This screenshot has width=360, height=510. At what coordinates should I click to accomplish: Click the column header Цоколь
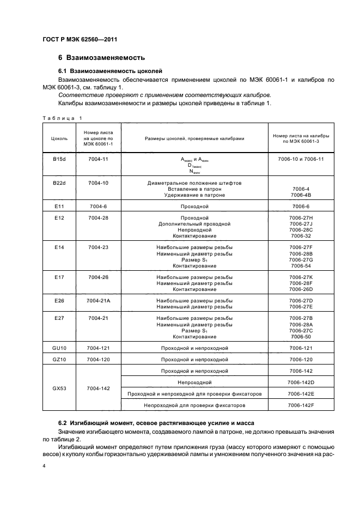pyautogui.click(x=59, y=138)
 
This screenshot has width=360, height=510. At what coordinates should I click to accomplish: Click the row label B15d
pyautogui.click(x=59, y=159)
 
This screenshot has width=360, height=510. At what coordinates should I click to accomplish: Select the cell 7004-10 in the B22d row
pyautogui.click(x=98, y=183)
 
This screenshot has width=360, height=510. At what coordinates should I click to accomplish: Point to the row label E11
pyautogui.click(x=59, y=207)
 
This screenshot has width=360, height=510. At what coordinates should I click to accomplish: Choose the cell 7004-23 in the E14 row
pyautogui.click(x=98, y=247)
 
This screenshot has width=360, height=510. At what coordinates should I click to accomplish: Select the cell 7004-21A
pyautogui.click(x=98, y=300)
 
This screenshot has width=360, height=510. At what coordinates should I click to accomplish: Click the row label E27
pyautogui.click(x=59, y=318)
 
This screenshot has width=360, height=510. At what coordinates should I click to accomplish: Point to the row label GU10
pyautogui.click(x=59, y=348)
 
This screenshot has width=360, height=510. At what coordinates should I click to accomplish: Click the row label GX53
pyautogui.click(x=59, y=388)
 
